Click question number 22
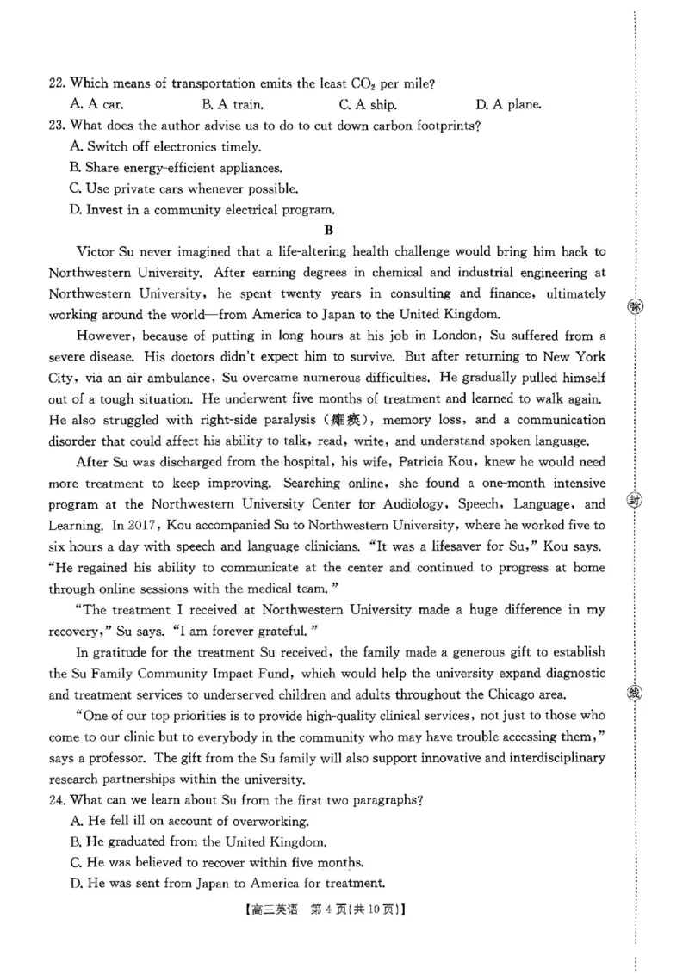tap(57, 83)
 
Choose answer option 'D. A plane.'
tap(508, 105)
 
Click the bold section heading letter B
tap(327, 230)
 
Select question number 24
tap(57, 800)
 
